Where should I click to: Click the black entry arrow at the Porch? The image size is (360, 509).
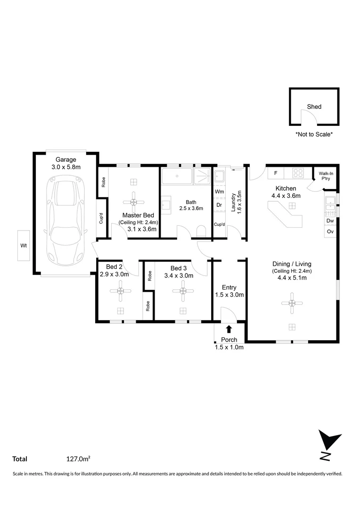click(x=229, y=329)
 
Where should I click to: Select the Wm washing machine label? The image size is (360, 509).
click(x=220, y=192)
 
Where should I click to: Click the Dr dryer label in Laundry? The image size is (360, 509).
click(x=220, y=205)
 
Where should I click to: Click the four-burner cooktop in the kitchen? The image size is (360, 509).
click(x=298, y=173)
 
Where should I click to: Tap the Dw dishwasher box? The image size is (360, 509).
click(x=330, y=221)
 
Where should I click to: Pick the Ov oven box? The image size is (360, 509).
click(x=330, y=232)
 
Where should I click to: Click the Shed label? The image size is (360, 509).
click(x=314, y=107)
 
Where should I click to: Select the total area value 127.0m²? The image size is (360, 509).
click(x=78, y=459)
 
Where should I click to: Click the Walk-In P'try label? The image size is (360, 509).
click(x=326, y=176)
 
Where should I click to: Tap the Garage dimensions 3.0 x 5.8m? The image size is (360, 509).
click(x=66, y=167)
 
